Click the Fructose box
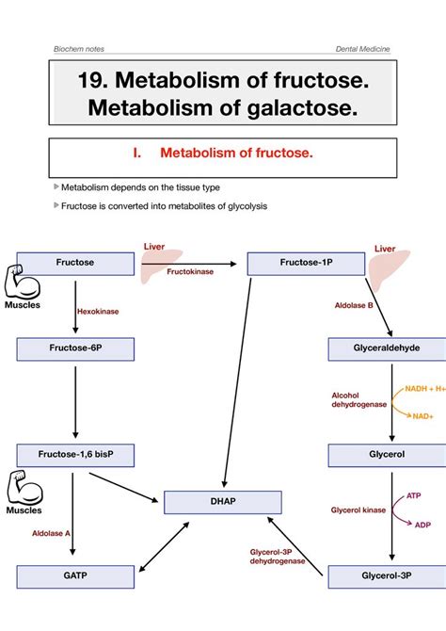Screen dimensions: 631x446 coord(74,263)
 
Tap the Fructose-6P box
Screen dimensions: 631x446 coord(74,349)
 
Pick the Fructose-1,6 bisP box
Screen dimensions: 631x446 coord(74,455)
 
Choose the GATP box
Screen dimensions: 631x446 coord(74,576)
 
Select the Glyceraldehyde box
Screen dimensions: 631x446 coord(386,349)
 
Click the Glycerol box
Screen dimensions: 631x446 coord(386,455)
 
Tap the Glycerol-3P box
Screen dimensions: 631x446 coord(386,576)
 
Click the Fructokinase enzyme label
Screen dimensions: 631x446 coord(190,270)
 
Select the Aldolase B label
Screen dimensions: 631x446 coord(354,306)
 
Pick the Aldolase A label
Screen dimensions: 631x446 coord(52,533)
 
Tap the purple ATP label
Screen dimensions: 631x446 coord(414,494)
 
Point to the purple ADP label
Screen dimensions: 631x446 coord(423,526)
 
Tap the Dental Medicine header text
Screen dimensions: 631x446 coord(363,48)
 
